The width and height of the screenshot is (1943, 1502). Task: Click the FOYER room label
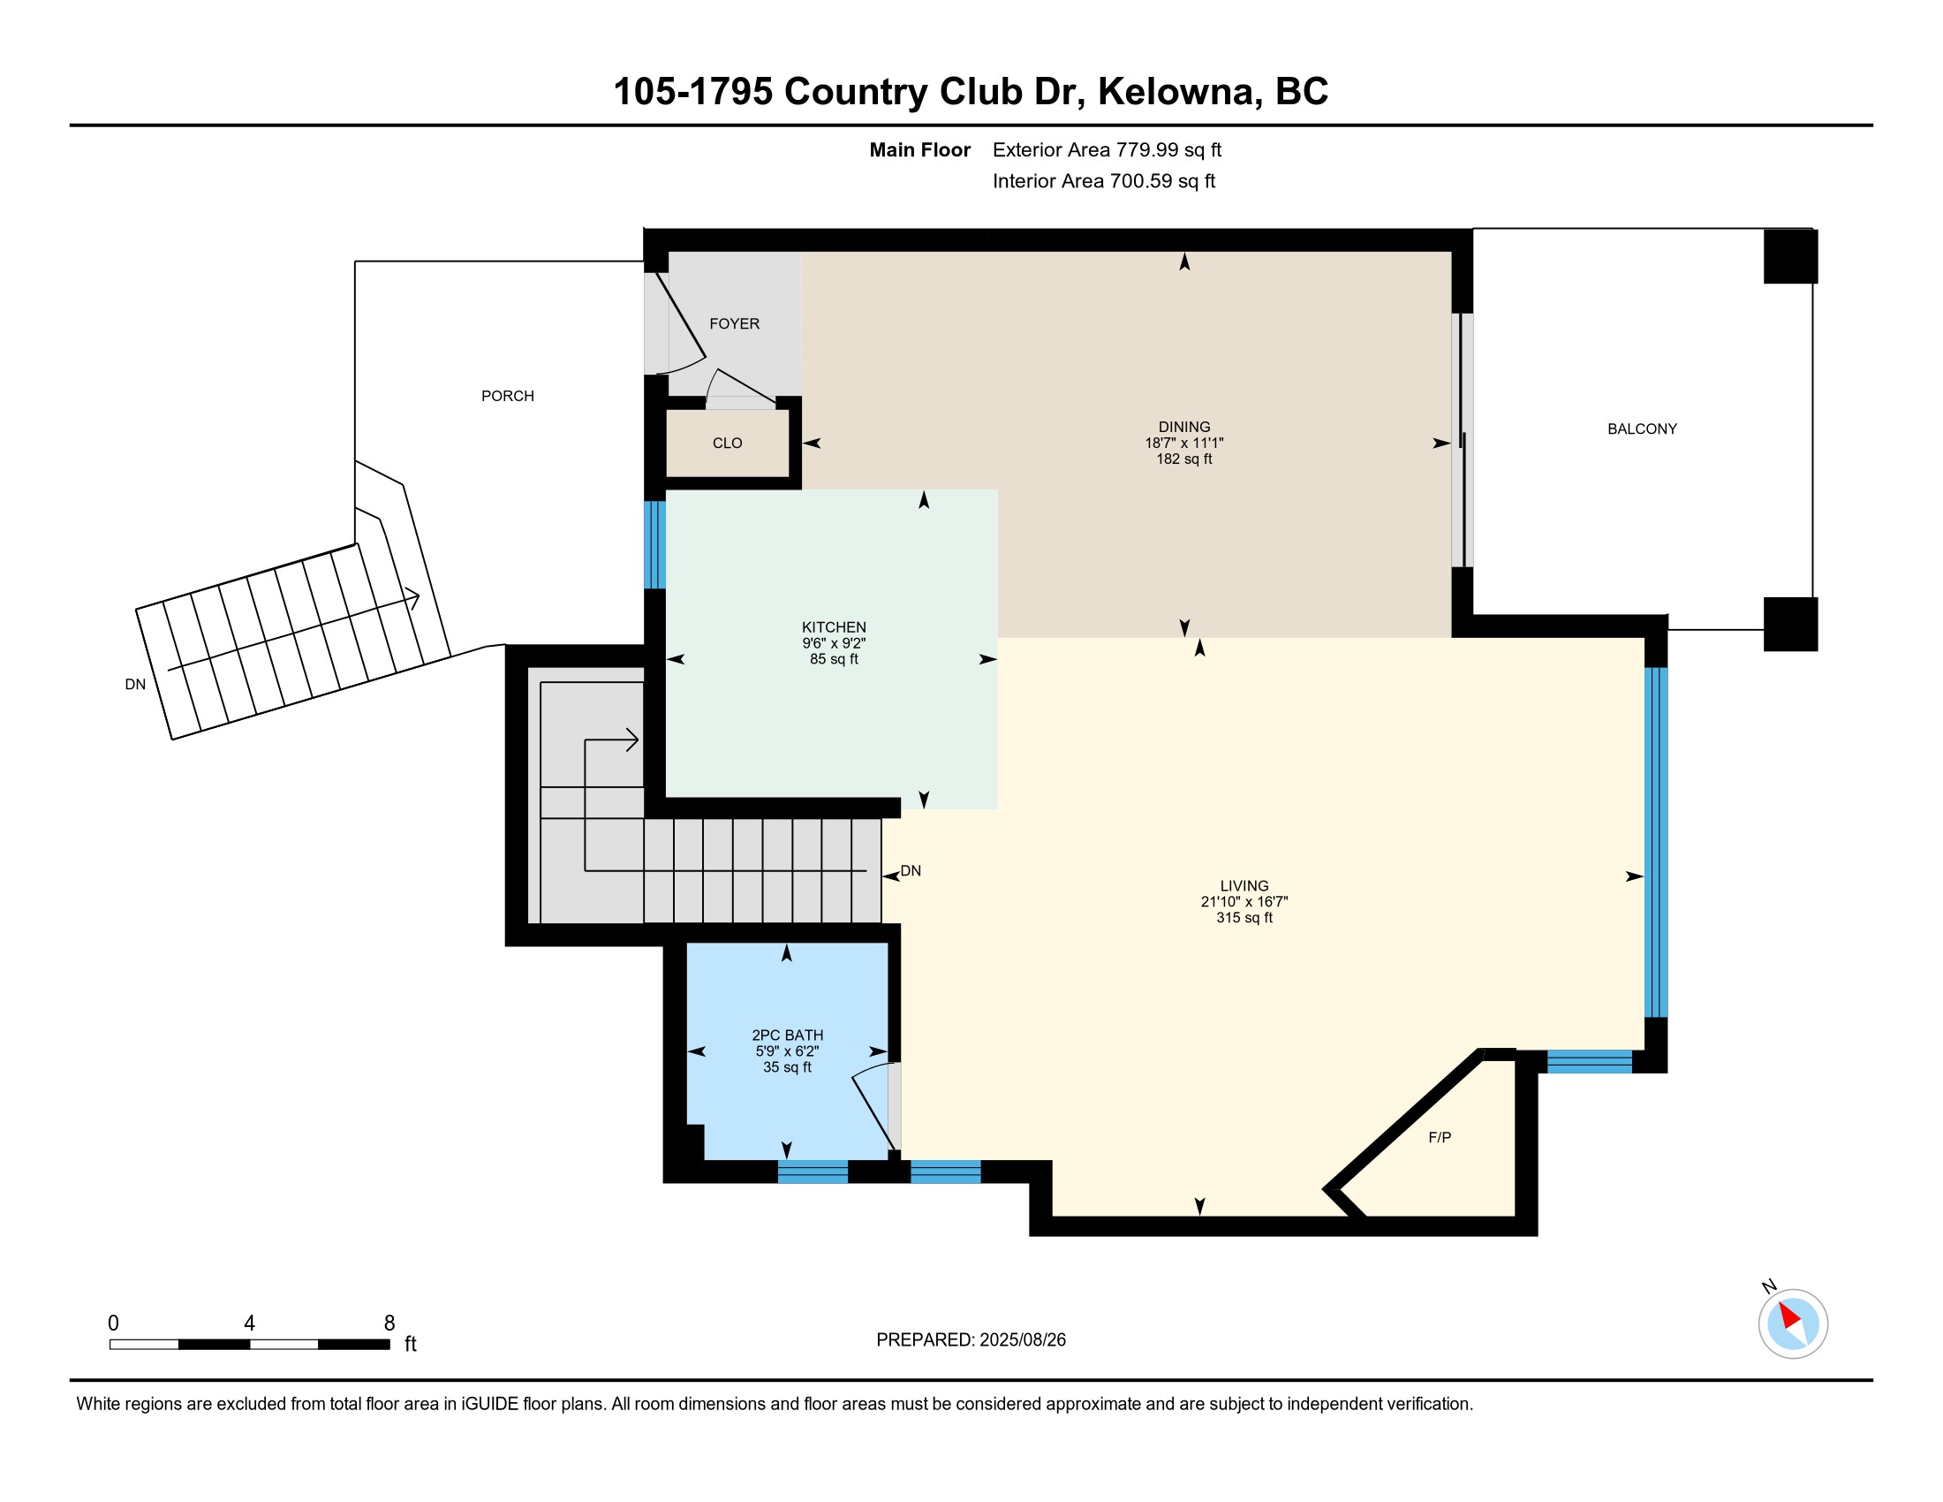click(734, 324)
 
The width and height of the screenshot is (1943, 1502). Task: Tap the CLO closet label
click(727, 444)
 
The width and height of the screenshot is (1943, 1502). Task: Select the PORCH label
click(508, 396)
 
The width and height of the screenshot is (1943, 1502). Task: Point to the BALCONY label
click(1643, 429)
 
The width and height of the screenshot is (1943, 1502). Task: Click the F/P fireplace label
click(1440, 1137)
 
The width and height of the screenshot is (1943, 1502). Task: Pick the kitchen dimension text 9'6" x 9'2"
click(834, 643)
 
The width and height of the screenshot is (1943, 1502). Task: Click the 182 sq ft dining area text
click(1184, 459)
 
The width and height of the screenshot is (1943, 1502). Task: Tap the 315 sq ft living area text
click(1244, 917)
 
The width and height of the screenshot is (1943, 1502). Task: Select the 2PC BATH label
click(787, 1035)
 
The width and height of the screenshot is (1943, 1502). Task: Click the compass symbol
click(1793, 1324)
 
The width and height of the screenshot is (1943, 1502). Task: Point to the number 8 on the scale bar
click(389, 1324)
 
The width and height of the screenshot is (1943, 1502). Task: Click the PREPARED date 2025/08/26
click(1023, 1340)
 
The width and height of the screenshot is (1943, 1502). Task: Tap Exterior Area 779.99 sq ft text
click(1107, 150)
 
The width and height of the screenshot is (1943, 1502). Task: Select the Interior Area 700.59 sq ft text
click(1104, 181)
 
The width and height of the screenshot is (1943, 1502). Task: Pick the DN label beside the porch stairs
click(135, 684)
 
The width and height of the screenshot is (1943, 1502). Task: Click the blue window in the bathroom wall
click(813, 1172)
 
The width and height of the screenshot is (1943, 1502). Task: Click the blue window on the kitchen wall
click(654, 544)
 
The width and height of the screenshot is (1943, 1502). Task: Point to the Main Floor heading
click(920, 150)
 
